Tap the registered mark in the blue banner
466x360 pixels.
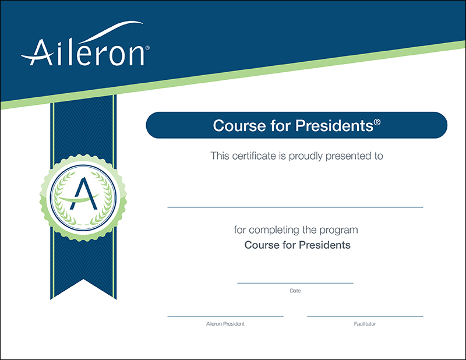[x=377, y=122]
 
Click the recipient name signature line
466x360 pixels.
[x=295, y=207]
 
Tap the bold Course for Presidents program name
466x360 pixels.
[x=297, y=245]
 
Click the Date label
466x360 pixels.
[x=295, y=290]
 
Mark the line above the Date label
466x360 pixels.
[x=295, y=283]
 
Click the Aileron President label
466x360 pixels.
[x=225, y=324]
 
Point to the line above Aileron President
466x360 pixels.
[x=225, y=316]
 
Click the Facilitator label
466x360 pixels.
[x=365, y=324]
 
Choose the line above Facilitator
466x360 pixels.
[x=365, y=316]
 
